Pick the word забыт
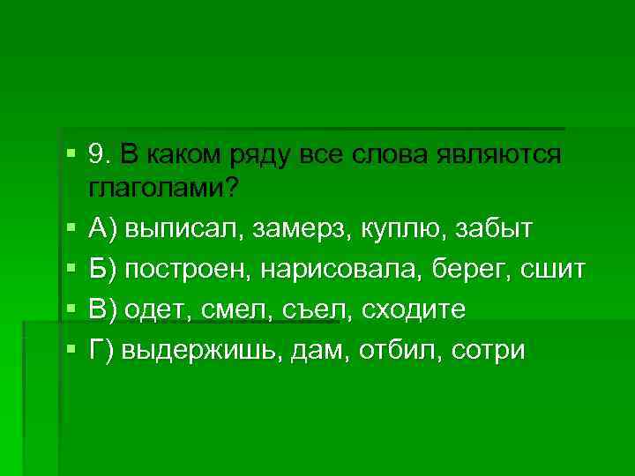coord(497,231)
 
